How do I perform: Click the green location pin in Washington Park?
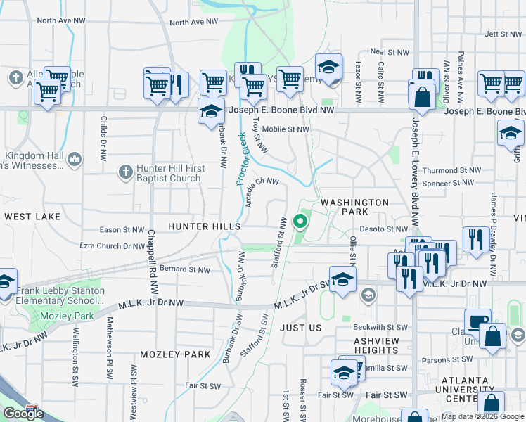pos(300,222)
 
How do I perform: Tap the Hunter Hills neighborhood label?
pos(204,226)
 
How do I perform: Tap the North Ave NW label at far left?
pos(62,20)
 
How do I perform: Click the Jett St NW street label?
pos(501,34)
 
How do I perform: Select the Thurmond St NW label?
pos(451,170)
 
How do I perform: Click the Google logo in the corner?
pos(23,414)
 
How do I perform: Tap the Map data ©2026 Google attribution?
pos(482,416)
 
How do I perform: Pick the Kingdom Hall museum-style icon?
pos(75,161)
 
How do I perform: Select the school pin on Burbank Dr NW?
pos(210,111)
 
